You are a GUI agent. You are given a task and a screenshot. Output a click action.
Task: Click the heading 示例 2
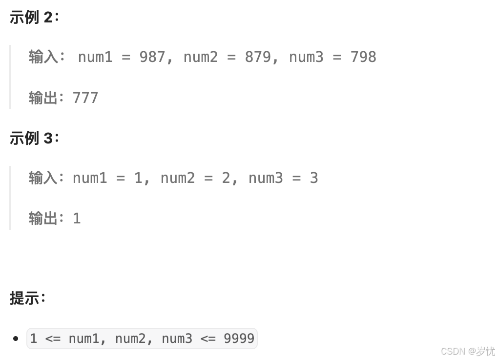(34, 18)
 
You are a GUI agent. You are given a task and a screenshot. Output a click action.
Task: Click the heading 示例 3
(34, 139)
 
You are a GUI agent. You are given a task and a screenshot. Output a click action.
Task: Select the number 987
(152, 57)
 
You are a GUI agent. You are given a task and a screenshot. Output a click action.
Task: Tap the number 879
(258, 57)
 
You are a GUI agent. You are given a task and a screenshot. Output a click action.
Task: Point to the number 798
(363, 57)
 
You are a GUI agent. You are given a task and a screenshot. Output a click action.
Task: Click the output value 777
(85, 98)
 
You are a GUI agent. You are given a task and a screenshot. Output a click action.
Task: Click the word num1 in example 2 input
(95, 57)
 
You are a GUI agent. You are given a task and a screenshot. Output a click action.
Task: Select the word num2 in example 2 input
(201, 57)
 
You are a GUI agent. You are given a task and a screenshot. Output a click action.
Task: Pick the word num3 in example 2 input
(306, 57)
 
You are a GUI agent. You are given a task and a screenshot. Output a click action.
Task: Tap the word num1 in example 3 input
(90, 178)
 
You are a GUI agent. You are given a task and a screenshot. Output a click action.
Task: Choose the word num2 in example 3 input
(178, 178)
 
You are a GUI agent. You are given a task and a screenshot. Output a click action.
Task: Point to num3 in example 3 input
(266, 178)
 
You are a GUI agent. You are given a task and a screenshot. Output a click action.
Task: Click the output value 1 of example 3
(77, 219)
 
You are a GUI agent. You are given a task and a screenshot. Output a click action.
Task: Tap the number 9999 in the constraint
(239, 339)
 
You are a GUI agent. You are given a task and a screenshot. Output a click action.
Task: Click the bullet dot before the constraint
(16, 339)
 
